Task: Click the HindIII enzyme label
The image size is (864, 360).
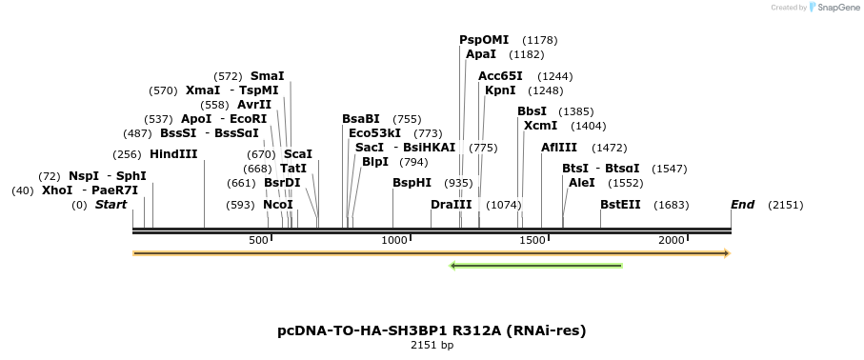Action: (173, 154)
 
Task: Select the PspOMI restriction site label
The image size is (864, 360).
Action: (484, 40)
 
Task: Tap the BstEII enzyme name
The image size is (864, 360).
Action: (620, 205)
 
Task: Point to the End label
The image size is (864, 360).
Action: (742, 205)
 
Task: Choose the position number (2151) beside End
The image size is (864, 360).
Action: (786, 205)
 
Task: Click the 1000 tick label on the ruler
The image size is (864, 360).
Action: (394, 240)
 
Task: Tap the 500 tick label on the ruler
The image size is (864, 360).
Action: (259, 240)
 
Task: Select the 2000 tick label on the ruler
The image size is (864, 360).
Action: (672, 240)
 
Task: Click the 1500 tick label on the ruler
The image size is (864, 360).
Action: (532, 240)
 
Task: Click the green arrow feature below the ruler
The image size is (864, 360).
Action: (536, 266)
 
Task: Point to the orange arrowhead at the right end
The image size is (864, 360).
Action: (726, 253)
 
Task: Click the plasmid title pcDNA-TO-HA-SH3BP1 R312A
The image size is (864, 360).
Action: (432, 331)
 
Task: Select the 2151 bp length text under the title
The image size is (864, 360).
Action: (432, 346)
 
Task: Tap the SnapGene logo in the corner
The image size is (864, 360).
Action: (830, 8)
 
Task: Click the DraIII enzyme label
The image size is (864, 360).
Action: (452, 205)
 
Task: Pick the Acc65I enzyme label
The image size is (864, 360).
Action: (500, 76)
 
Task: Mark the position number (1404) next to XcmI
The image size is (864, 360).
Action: (588, 126)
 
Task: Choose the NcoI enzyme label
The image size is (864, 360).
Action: (278, 205)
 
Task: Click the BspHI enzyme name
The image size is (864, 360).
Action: (412, 183)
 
